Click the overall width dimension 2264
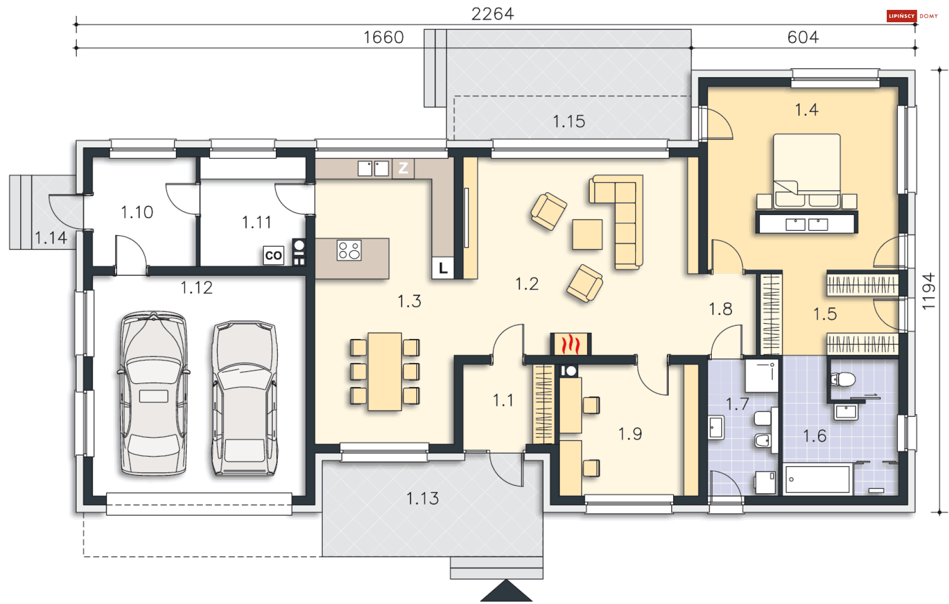(492, 14)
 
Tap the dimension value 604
(803, 37)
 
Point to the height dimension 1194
(929, 291)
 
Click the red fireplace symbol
(571, 344)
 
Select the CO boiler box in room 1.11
(273, 256)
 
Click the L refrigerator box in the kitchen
(443, 268)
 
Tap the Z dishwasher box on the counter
(403, 168)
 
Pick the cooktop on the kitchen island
(349, 250)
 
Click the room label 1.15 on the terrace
(568, 122)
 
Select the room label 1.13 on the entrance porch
(423, 498)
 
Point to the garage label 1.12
(196, 288)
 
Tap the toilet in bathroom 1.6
(843, 380)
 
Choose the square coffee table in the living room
(587, 234)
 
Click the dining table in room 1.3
(385, 372)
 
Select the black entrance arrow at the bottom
(506, 592)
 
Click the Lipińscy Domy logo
(912, 16)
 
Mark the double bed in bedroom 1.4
(807, 171)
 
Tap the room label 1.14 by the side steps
(51, 238)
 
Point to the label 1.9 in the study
(630, 434)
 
